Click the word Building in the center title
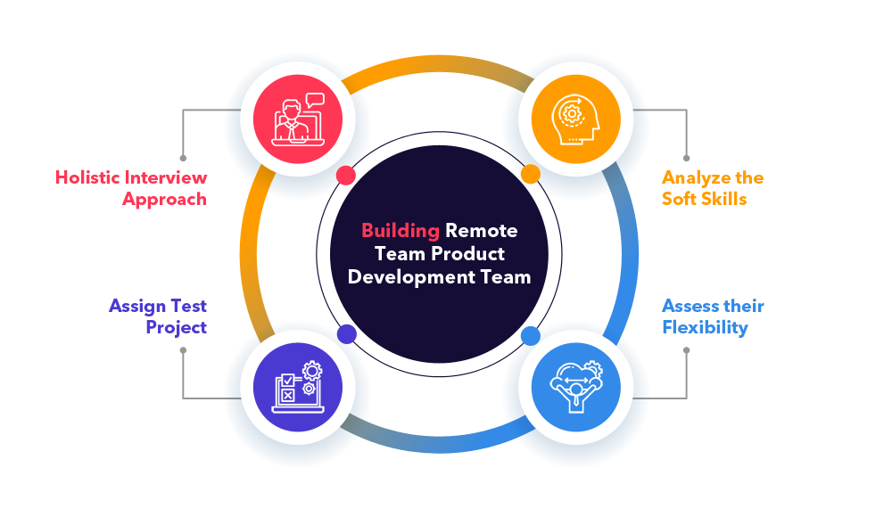(x=400, y=231)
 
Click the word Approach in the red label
(x=164, y=199)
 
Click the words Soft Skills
(x=704, y=199)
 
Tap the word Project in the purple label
(x=176, y=327)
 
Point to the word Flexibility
(x=705, y=327)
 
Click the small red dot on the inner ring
(x=346, y=175)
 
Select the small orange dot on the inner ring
(x=530, y=174)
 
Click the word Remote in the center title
(x=481, y=231)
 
